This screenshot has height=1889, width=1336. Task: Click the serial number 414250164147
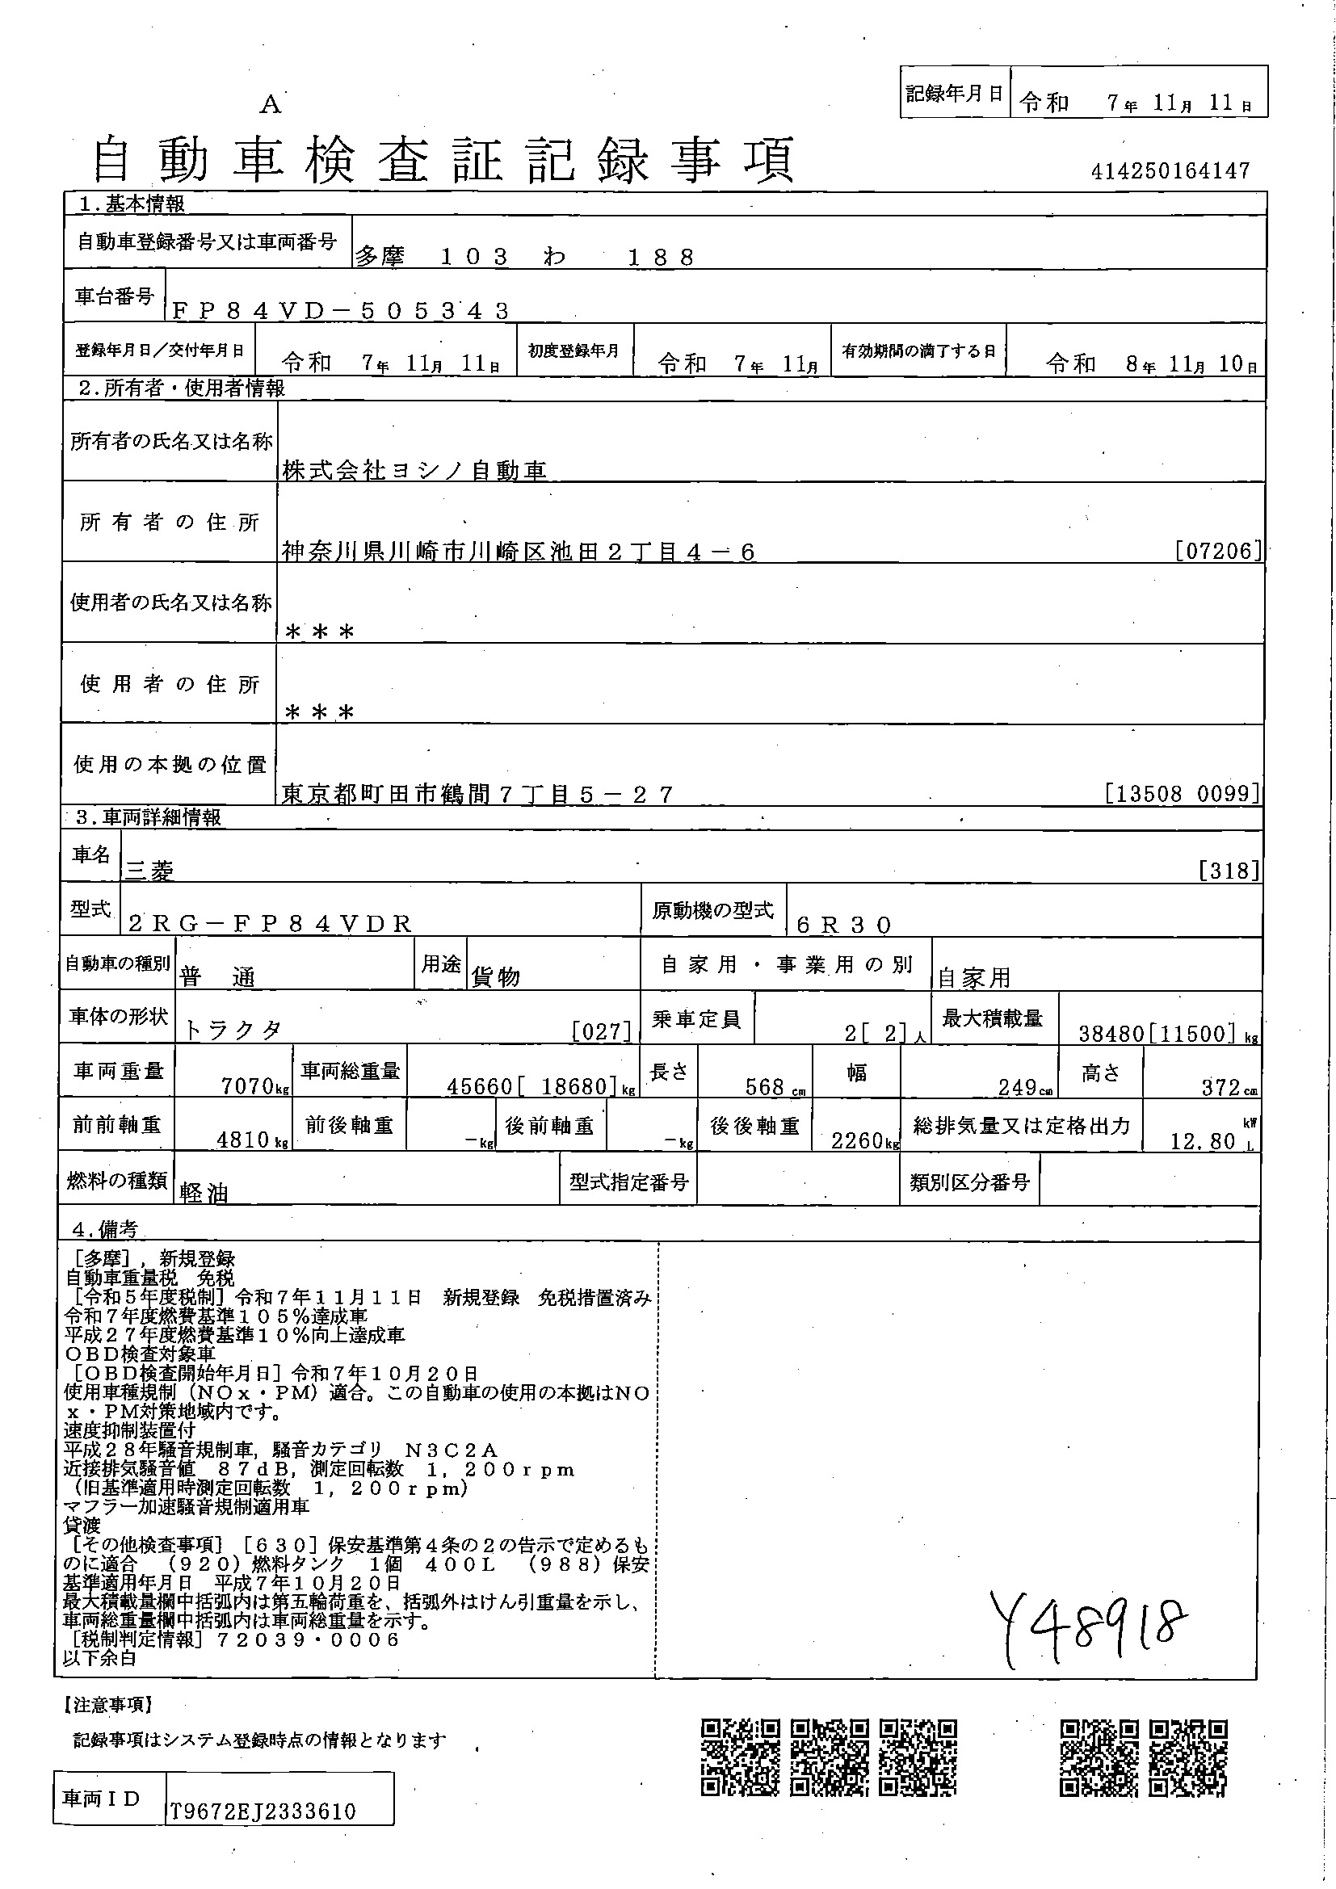[1170, 171]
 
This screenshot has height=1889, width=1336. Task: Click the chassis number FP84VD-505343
[342, 310]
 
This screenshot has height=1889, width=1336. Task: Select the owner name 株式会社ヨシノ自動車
[414, 470]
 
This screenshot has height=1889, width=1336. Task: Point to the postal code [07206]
[1218, 551]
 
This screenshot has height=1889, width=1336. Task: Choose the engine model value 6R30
[844, 925]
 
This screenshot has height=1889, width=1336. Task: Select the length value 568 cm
[765, 1087]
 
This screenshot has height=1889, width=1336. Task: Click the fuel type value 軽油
[204, 1192]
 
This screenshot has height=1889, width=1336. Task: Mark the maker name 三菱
[149, 871]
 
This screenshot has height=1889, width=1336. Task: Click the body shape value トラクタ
[232, 1030]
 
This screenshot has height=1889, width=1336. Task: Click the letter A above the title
[271, 105]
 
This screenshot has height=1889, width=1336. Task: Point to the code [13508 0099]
[1183, 793]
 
